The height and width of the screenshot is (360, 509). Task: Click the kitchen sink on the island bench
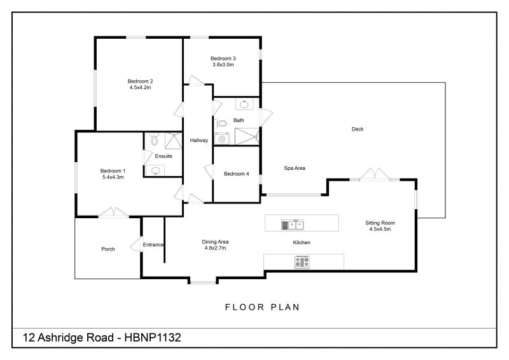[x=293, y=224]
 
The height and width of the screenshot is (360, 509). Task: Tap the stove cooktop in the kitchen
[x=302, y=261]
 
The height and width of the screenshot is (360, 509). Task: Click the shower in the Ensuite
[x=172, y=141]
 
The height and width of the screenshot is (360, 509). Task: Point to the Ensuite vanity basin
[x=157, y=170]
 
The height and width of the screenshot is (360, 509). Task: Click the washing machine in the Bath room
[x=223, y=138]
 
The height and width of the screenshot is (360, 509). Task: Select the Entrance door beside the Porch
[x=136, y=245]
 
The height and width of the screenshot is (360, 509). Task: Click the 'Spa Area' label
[x=295, y=169]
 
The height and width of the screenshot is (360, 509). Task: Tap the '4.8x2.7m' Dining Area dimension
[x=216, y=248]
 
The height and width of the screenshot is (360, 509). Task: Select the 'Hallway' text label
[x=199, y=140]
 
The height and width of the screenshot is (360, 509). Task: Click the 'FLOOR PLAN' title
[x=262, y=307]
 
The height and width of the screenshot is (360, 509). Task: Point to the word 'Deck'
[x=358, y=129]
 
